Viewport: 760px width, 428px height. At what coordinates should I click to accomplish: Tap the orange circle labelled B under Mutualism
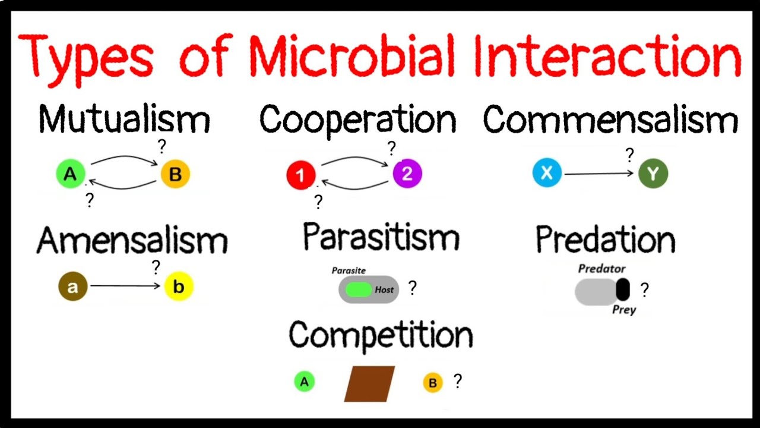coord(175,174)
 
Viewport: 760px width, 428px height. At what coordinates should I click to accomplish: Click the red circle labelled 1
coord(301,175)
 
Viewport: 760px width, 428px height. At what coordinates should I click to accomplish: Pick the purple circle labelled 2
coord(407,174)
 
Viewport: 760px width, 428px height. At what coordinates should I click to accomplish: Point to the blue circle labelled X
coord(547,174)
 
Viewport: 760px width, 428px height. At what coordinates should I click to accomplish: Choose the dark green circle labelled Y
coord(653,174)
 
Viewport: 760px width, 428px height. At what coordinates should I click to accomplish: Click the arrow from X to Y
coord(600,174)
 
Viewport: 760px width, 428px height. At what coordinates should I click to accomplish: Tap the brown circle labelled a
coord(72,287)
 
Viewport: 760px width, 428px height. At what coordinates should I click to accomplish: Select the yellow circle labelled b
coord(179,287)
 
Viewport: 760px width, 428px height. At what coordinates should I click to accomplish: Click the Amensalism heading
coord(132,241)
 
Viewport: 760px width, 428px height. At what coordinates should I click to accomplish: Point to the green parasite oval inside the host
coord(358,290)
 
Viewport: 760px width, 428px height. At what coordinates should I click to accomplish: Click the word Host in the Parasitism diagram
coord(384,290)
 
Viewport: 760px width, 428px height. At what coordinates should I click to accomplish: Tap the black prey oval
coord(622,289)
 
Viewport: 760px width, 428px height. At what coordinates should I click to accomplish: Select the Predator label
coord(601,269)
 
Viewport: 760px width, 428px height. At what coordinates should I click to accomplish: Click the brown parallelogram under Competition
coord(369,383)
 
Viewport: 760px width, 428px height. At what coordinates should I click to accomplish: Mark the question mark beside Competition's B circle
coord(458,381)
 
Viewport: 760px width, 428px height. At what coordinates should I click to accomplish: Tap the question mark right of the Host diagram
coord(413,288)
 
